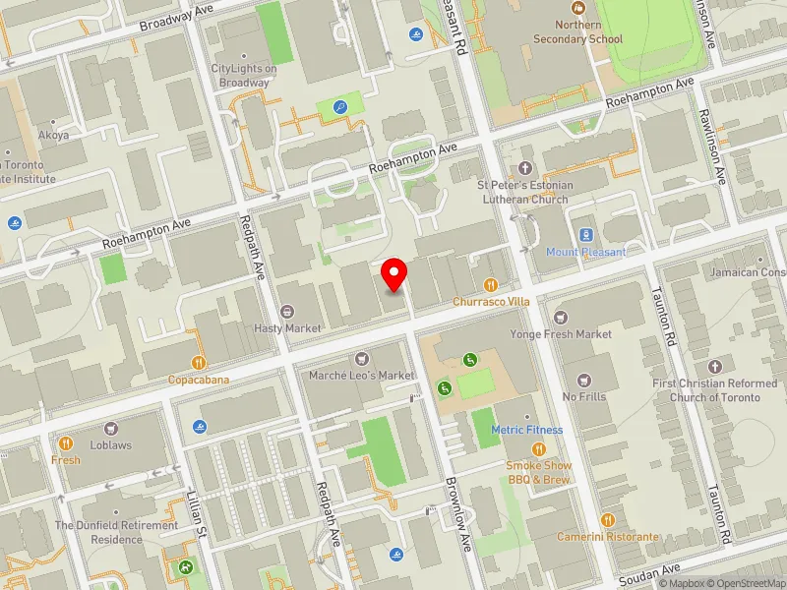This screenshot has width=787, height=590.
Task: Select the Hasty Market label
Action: (288, 327)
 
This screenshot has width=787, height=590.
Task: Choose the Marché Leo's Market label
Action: (362, 376)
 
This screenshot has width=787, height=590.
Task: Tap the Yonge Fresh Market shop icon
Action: (561, 318)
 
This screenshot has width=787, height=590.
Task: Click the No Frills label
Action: (583, 396)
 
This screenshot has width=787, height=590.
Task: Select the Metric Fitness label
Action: (527, 430)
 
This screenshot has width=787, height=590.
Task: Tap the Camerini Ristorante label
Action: (607, 537)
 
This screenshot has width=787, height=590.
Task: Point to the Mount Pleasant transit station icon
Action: (586, 235)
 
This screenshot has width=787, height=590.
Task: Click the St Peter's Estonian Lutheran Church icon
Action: (524, 168)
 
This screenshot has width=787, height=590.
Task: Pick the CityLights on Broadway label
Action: (244, 76)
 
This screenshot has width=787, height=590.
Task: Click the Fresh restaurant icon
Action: (66, 443)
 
